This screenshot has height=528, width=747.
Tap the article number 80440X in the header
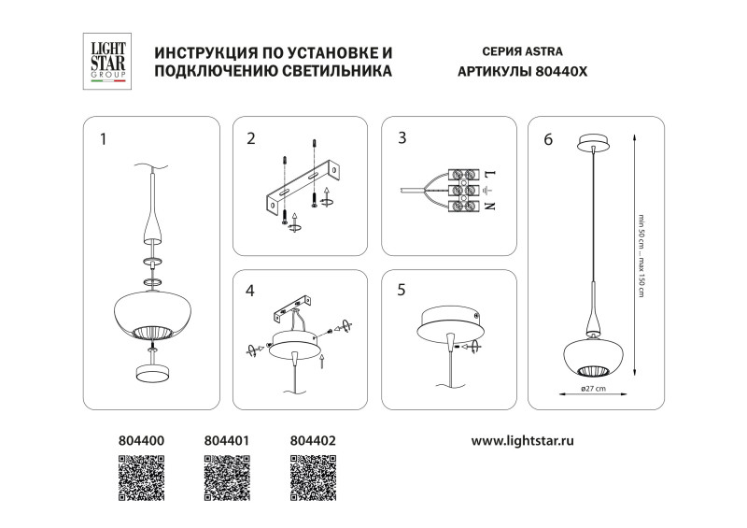click(560, 72)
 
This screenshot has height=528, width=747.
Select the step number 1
click(103, 139)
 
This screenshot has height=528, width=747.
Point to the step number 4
click(249, 291)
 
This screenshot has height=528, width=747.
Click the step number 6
click(548, 139)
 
